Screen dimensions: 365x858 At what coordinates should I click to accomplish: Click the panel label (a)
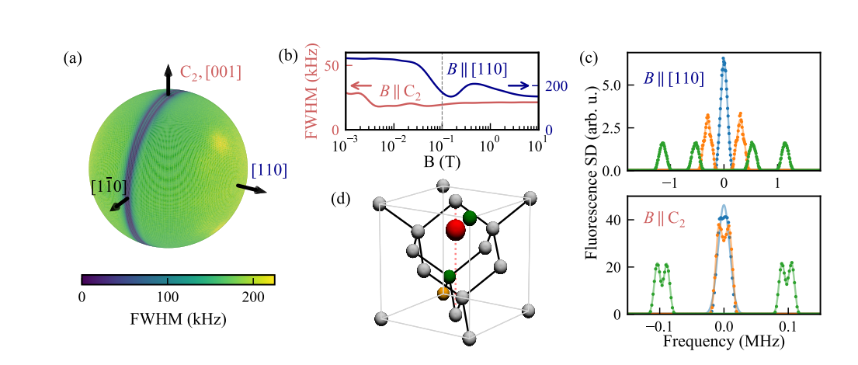[x=73, y=58]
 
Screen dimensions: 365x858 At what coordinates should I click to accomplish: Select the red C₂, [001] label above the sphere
[x=210, y=72]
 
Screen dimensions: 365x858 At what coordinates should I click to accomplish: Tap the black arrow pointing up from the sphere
[x=168, y=78]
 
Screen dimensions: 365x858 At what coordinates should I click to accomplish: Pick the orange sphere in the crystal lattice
[x=443, y=293]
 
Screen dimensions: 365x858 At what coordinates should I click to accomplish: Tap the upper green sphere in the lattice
[x=470, y=217]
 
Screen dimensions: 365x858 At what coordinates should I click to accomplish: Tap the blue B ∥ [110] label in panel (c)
[x=674, y=78]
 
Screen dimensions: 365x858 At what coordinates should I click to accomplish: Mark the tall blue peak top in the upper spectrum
[x=724, y=59]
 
